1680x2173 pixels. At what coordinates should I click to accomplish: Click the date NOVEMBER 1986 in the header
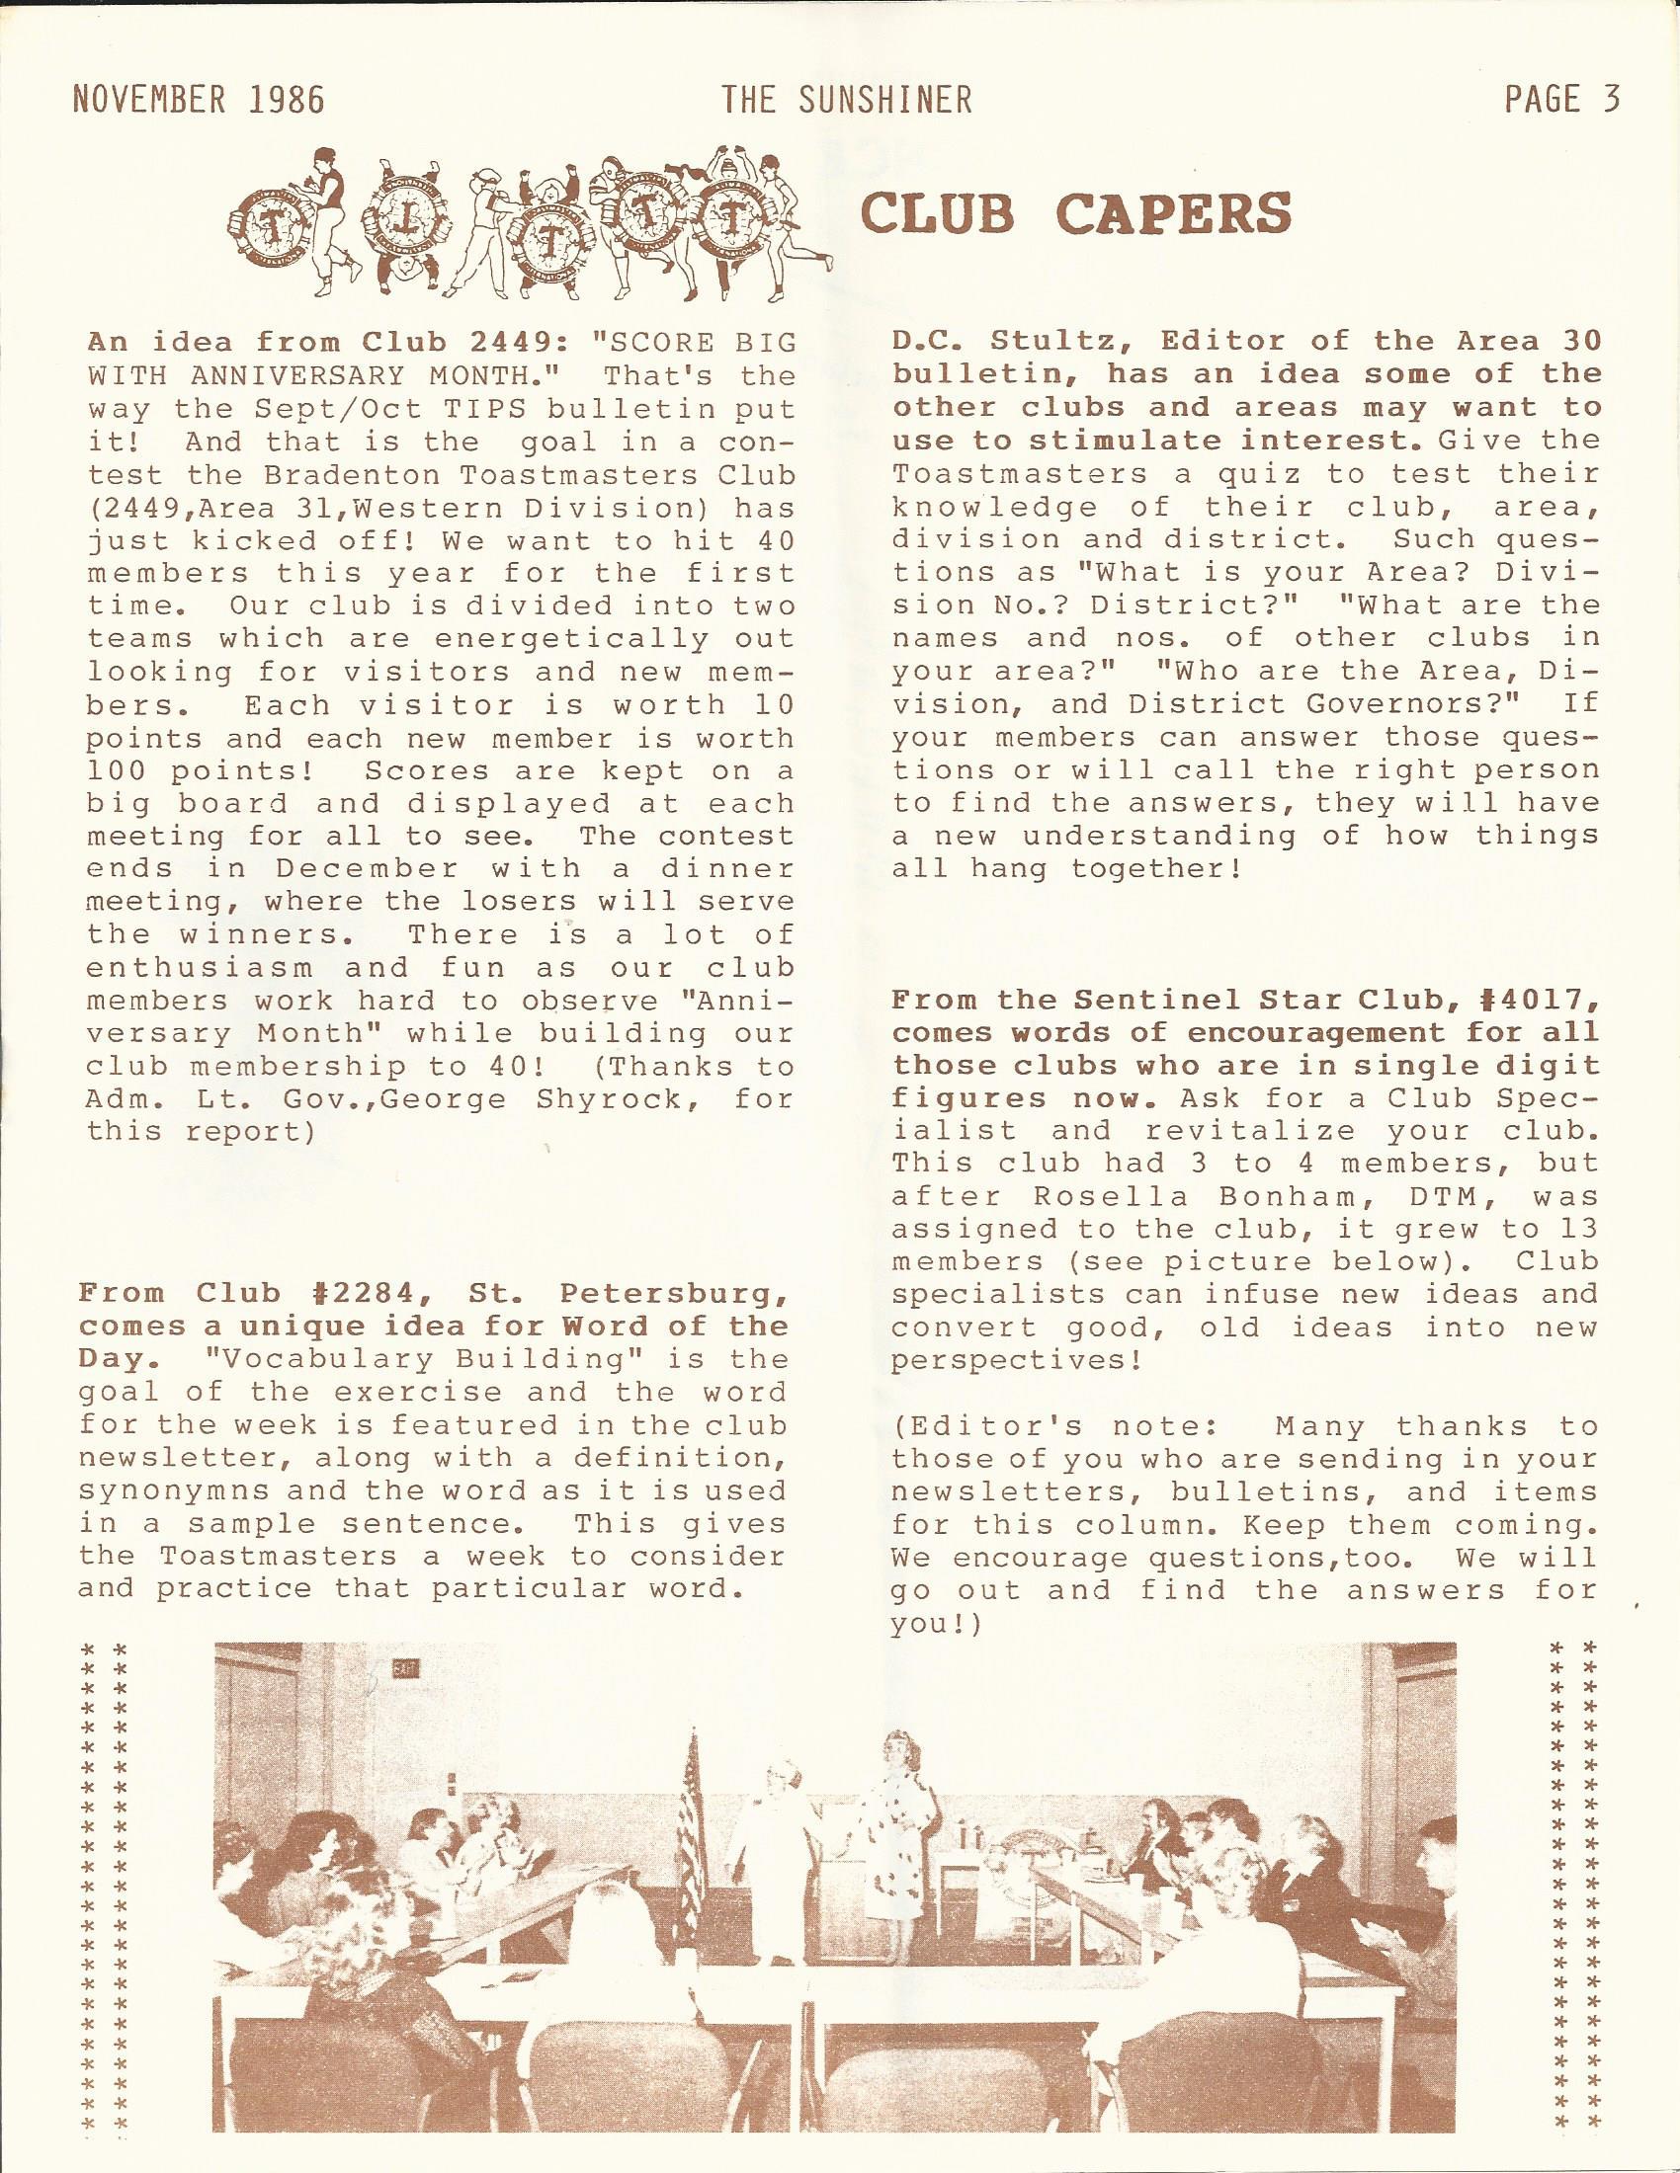click(198, 101)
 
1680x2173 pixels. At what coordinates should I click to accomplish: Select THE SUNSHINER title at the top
click(846, 101)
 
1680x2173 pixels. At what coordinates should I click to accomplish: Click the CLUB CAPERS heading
click(1076, 213)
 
